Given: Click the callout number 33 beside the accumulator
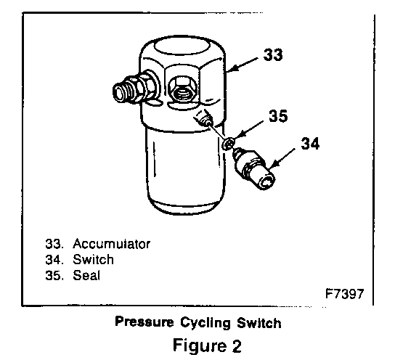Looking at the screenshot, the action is pos(273,54).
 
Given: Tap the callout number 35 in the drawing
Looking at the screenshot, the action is pos(278,116).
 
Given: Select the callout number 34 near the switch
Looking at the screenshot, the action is pos(310,144).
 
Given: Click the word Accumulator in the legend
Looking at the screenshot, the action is pos(111,244).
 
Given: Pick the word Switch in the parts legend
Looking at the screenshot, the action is pos(93,260).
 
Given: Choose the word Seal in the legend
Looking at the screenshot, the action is pos(86,275).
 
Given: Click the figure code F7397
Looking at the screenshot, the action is pos(345,293).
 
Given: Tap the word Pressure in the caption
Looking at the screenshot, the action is pos(144,322).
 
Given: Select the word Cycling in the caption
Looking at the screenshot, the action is pos(205,323).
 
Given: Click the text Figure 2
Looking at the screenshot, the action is pos(208,345).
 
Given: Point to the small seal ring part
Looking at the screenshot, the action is pos(229,144).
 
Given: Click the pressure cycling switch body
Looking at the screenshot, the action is pos(254,168).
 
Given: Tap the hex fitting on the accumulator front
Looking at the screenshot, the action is pos(182,89).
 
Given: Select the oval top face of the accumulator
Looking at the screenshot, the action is pos(182,49).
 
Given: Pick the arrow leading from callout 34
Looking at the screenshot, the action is pos(282,157).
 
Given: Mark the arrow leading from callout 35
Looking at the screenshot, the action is pos(249,129).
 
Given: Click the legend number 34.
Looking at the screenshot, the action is pos(54,260).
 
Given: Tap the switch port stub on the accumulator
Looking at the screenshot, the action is pos(203,118).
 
